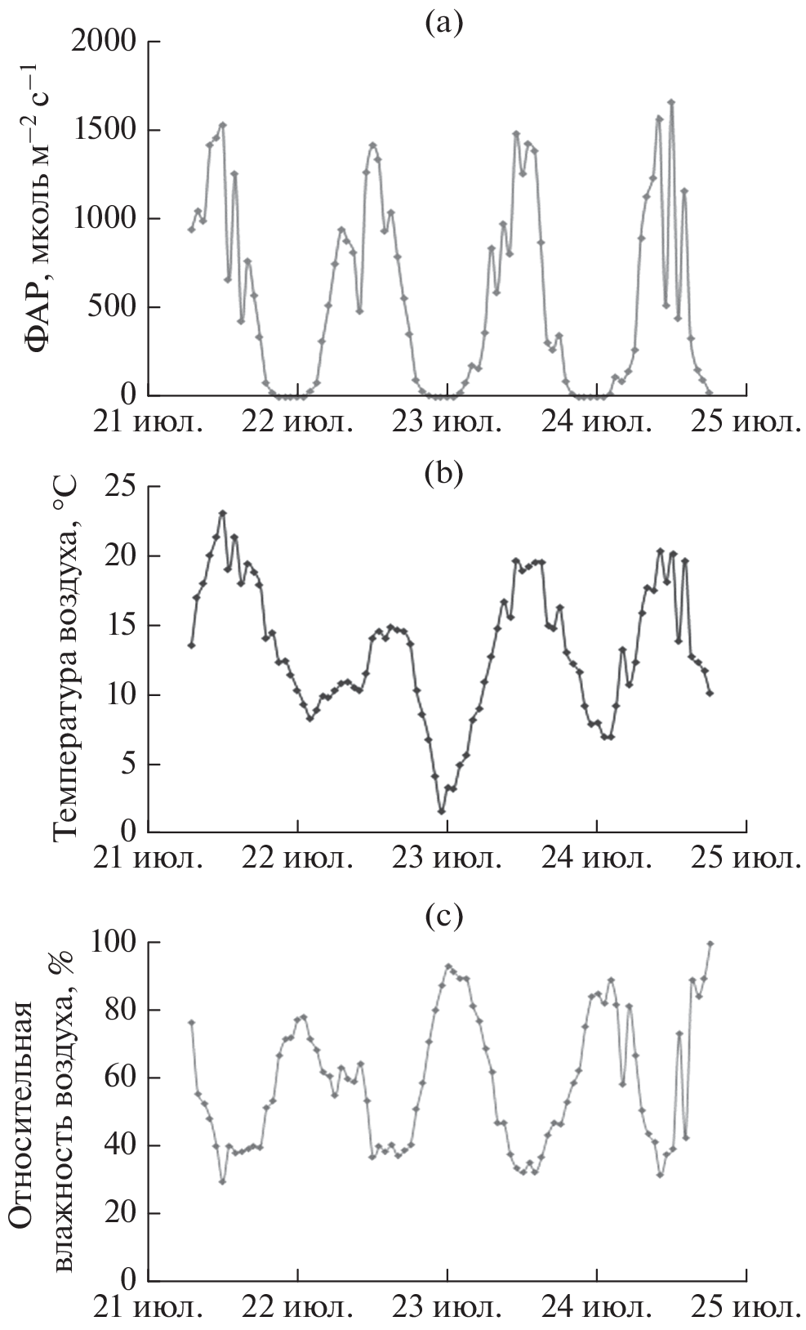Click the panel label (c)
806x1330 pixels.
tap(443, 917)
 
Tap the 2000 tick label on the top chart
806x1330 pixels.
tap(104, 42)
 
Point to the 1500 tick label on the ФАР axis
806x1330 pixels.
tap(104, 131)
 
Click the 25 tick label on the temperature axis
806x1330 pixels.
tap(121, 487)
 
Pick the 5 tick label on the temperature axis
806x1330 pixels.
tap(129, 765)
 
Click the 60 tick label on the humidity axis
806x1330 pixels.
tap(121, 1078)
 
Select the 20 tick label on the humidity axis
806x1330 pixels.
tap(121, 1213)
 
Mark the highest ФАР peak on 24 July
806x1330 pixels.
tap(671, 103)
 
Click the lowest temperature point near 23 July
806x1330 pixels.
tap(442, 811)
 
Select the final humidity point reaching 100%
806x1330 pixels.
tap(710, 944)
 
